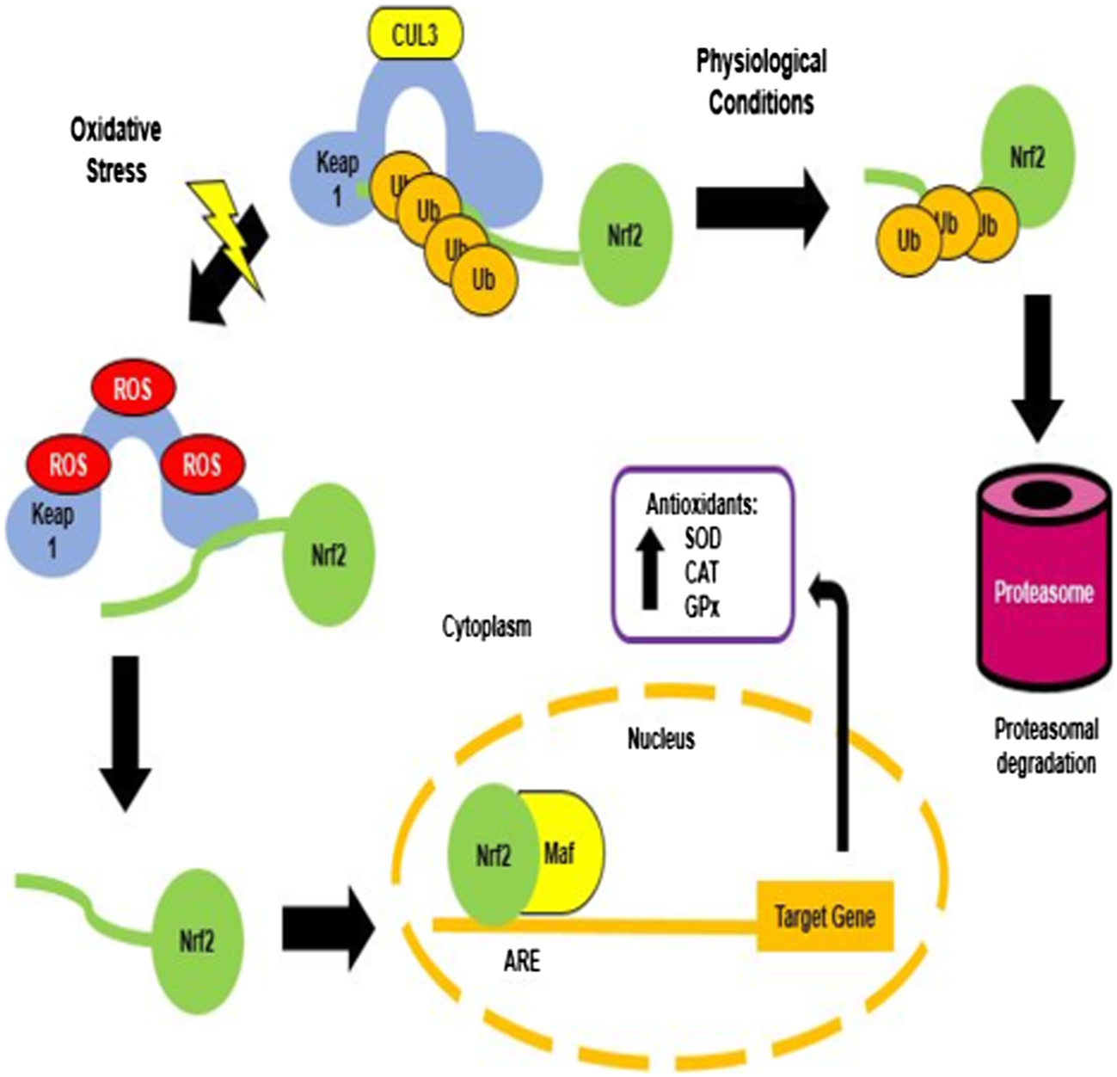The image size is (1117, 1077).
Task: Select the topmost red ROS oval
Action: tap(133, 389)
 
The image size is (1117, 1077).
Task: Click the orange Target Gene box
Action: tap(825, 916)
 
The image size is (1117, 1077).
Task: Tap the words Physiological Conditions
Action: tap(761, 82)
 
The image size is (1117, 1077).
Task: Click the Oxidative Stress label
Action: tap(116, 151)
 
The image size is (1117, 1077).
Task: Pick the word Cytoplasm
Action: tap(487, 627)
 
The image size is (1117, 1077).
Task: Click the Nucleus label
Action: tap(660, 739)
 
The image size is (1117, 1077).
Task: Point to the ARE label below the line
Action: tap(522, 960)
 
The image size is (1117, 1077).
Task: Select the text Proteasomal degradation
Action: tap(1046, 746)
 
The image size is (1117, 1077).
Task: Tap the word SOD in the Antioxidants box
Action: tap(703, 538)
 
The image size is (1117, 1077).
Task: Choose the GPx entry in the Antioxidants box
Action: tap(703, 607)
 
